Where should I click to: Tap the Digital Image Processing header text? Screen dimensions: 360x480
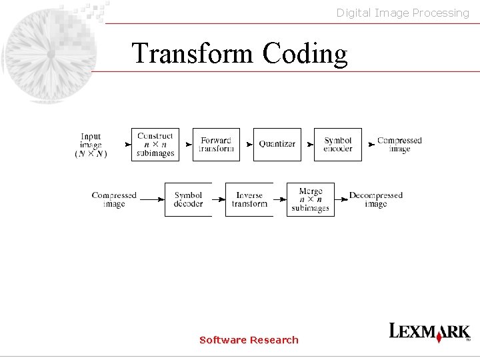tap(403, 13)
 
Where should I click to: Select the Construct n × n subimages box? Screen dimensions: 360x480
tap(155, 145)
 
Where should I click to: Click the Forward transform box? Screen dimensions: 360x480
tap(216, 145)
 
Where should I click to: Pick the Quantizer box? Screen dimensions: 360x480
tap(277, 145)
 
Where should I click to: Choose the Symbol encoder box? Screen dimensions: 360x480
tap(338, 145)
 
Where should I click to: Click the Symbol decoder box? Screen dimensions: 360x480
tap(188, 199)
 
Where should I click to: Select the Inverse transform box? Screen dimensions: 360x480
tap(249, 199)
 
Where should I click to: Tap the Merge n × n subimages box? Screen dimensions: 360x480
tap(310, 199)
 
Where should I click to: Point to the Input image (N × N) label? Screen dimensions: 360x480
tap(91, 145)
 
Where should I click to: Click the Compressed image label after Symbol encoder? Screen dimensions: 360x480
tap(399, 145)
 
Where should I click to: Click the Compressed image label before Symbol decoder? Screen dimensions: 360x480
tap(114, 199)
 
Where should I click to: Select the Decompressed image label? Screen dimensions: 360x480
tap(376, 199)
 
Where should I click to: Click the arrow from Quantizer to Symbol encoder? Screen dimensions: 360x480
tap(307, 145)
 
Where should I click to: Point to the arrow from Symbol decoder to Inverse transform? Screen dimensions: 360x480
tap(219, 199)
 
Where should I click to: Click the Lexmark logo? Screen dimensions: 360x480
tap(429, 332)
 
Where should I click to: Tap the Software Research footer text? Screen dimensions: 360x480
tap(249, 340)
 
